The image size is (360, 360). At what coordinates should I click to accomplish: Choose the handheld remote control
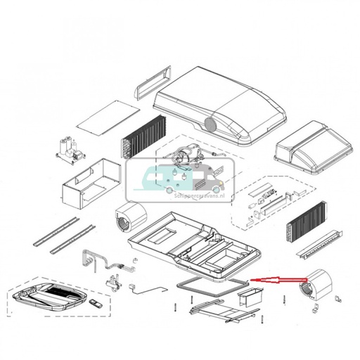[x=98, y=304]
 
